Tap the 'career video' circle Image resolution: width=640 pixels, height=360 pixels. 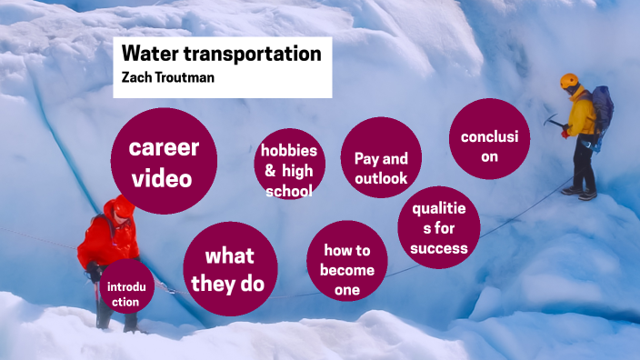pyautogui.click(x=164, y=162)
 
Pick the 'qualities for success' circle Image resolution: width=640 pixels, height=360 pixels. pyautogui.click(x=439, y=228)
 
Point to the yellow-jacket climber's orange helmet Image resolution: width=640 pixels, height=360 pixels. pyautogui.click(x=570, y=81)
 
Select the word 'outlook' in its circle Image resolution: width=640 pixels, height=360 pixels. pyautogui.click(x=381, y=178)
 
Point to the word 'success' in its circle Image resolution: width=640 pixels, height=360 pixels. pyautogui.click(x=438, y=247)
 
